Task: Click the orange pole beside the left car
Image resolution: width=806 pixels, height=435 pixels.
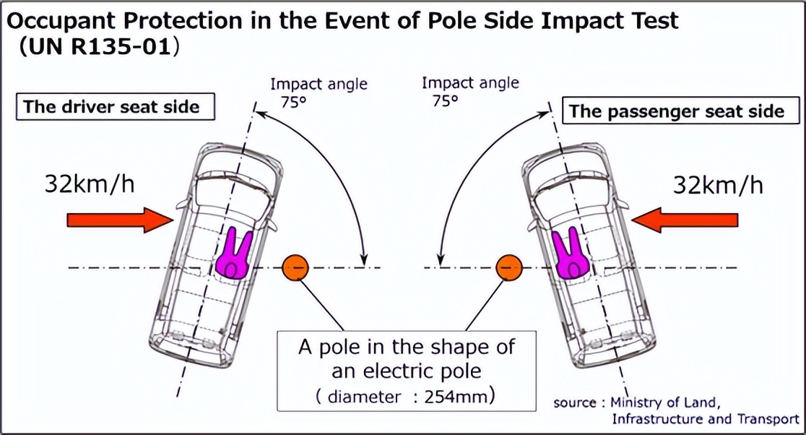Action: (295, 268)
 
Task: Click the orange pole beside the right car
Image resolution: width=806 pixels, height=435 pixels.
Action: (509, 268)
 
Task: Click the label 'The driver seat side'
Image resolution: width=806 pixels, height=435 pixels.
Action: (111, 108)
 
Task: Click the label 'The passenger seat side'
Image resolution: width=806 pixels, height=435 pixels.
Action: (677, 111)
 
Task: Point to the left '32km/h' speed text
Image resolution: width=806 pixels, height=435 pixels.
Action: (89, 184)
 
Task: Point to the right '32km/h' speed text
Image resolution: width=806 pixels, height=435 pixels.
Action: (718, 185)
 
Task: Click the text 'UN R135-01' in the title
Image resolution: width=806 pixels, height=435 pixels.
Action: (99, 48)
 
